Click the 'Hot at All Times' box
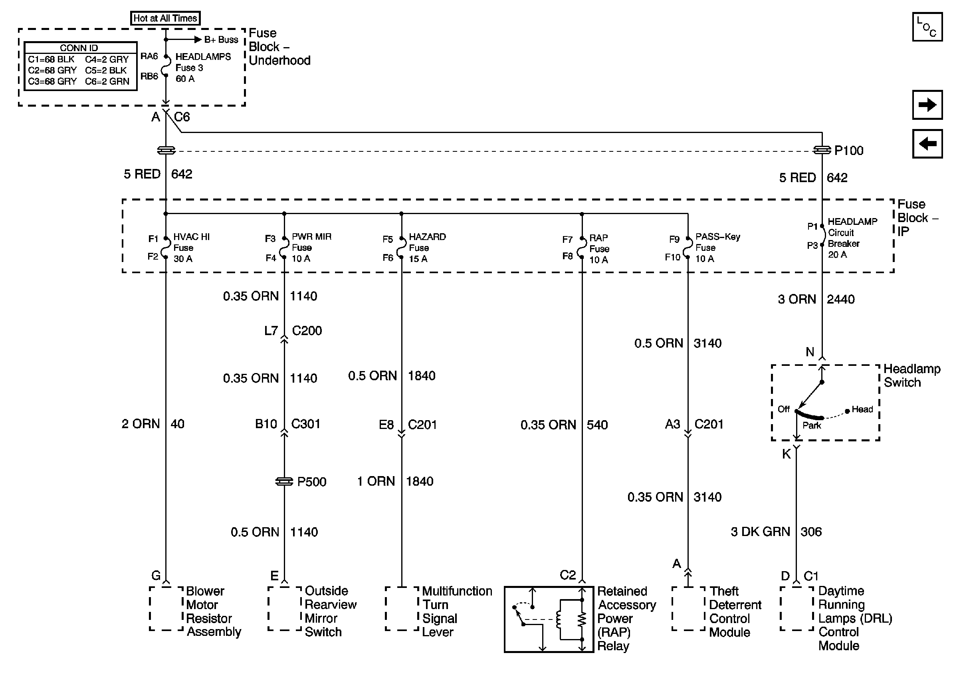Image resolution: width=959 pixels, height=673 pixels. tap(165, 18)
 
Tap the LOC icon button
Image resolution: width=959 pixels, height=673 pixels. tap(927, 27)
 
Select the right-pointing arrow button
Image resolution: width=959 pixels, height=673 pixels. tap(927, 104)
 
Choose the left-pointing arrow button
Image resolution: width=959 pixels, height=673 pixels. tap(927, 144)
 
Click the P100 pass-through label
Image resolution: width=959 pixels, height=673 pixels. tap(848, 151)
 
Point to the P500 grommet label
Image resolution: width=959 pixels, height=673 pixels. tap(311, 482)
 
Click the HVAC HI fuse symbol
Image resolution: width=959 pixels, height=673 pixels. tap(166, 248)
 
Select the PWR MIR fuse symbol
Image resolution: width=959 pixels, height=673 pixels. tap(284, 248)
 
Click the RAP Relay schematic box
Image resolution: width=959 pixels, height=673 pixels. tap(549, 619)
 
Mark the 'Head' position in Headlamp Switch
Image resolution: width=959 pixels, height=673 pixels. tap(862, 409)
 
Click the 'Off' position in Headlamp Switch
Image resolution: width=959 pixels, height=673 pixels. tap(784, 409)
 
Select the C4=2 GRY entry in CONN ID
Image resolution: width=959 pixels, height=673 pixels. tap(107, 60)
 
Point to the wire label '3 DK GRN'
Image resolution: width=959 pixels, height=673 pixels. tap(760, 532)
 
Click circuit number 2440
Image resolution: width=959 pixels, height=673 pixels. tap(840, 299)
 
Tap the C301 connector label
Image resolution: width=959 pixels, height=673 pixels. tap(305, 424)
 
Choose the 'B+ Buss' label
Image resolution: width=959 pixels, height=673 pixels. tap(221, 40)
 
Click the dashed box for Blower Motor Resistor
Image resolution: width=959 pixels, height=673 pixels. tap(166, 609)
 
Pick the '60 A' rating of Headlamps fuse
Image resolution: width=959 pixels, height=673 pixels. tap(185, 79)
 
